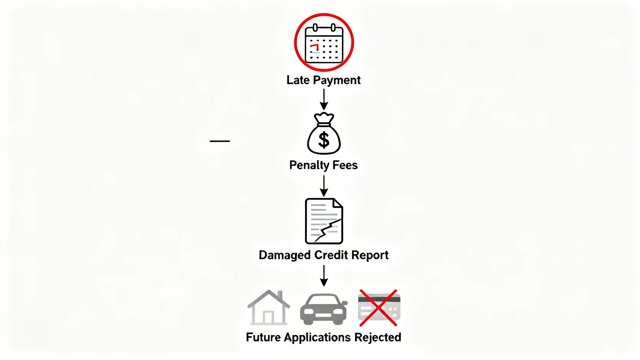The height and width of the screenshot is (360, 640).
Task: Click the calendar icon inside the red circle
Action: point(324,43)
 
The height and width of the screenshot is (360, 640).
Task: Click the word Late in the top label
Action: point(298,80)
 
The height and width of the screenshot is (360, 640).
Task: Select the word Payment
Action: point(337,80)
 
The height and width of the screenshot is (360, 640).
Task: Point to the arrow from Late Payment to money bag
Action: point(324,100)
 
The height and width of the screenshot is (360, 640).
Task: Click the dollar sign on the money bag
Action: point(324,140)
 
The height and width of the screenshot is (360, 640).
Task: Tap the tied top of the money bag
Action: point(324,118)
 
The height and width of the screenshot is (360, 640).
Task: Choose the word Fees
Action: point(345,165)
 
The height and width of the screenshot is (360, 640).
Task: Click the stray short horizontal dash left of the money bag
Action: point(220,141)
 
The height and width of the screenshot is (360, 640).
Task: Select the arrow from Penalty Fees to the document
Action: point(324,186)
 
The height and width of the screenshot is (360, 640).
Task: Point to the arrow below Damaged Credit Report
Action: point(324,275)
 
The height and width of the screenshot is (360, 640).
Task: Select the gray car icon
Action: point(323,309)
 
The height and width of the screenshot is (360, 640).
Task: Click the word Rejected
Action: point(378,337)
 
